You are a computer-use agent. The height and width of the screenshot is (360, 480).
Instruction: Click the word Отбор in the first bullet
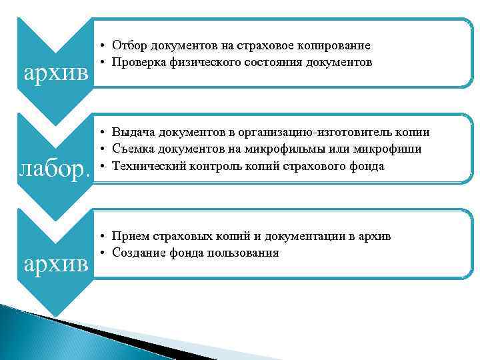point(129,45)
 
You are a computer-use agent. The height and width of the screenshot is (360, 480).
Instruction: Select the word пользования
point(245,253)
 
